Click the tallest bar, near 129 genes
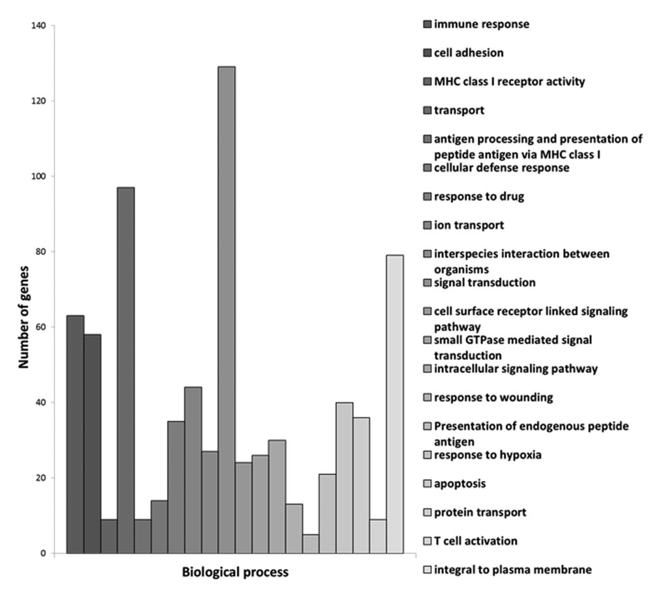[227, 310]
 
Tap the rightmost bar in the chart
[395, 404]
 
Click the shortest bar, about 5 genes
[311, 544]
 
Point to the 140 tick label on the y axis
[39, 26]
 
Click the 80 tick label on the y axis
[42, 252]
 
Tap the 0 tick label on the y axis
[44, 554]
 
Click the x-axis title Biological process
[235, 573]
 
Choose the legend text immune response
[481, 25]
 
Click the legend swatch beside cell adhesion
[427, 53]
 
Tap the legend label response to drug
[478, 197]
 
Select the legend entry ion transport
[469, 225]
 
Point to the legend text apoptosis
[460, 484]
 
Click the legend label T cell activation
[475, 541]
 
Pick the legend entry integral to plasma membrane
[512, 570]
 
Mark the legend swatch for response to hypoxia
[427, 455]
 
